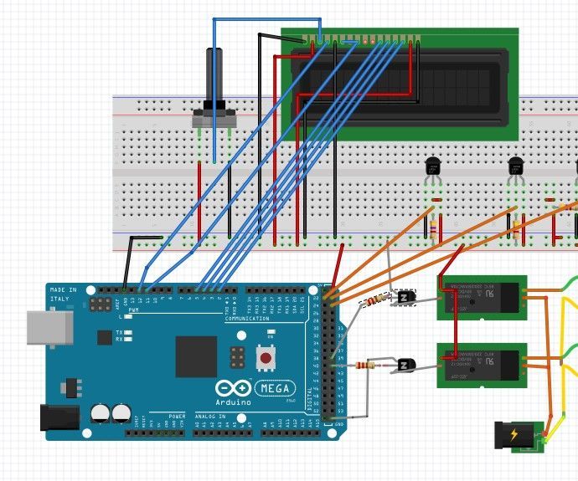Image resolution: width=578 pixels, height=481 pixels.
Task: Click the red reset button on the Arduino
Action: pos(266,358)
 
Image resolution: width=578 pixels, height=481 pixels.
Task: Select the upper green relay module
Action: pos(481,298)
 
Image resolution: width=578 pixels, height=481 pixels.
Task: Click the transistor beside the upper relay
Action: pos(405,298)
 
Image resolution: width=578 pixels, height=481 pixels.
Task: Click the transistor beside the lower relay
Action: pos(406,365)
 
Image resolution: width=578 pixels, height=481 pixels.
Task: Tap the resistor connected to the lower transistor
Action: pos(366,365)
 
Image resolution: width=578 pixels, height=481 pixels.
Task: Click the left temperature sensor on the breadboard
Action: pos(433,167)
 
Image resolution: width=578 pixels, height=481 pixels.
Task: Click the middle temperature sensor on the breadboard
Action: pos(516,167)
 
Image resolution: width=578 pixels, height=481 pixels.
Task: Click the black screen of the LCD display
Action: pos(400,85)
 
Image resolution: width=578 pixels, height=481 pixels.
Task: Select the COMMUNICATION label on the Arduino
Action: pos(247,318)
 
